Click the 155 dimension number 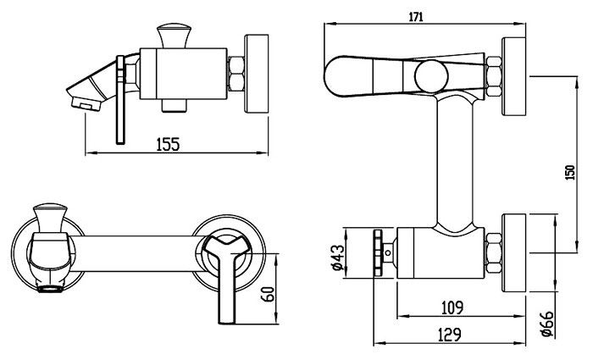[168, 144]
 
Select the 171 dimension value [416, 17]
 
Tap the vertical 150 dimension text [570, 173]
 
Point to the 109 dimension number [452, 307]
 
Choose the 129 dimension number [450, 335]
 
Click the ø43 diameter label [338, 258]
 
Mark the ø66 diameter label [547, 324]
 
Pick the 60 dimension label [268, 294]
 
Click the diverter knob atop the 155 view [174, 36]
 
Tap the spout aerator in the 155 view [86, 103]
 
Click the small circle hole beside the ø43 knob [388, 252]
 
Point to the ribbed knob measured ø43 [378, 253]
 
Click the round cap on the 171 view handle [431, 76]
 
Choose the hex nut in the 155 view [236, 74]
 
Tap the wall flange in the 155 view [257, 74]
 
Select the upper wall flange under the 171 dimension [513, 76]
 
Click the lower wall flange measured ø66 [513, 252]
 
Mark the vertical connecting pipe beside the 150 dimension [454, 163]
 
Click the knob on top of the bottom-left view [50, 219]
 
